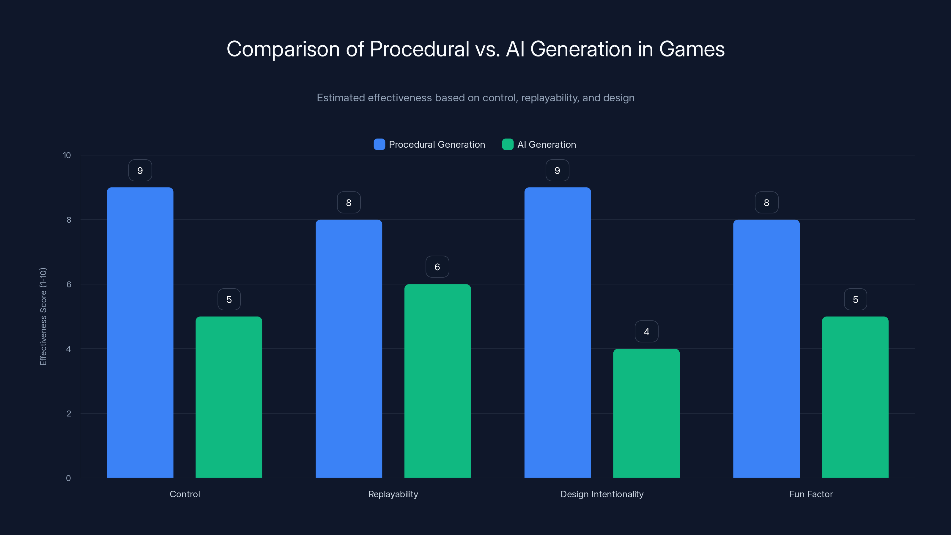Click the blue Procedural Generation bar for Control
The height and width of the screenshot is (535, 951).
tap(140, 332)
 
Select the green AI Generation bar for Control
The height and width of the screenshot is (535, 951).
tap(229, 397)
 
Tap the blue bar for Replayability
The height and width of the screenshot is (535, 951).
tap(349, 349)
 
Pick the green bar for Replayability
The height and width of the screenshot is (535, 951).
tap(437, 381)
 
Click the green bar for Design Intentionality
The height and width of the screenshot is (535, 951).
tap(646, 413)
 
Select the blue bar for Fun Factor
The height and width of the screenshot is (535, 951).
tap(766, 349)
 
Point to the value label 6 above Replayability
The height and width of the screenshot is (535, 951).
tap(437, 267)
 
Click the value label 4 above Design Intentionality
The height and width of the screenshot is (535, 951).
tap(646, 332)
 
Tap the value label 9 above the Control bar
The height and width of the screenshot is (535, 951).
tap(140, 170)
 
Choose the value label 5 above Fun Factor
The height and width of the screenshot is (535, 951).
tap(855, 299)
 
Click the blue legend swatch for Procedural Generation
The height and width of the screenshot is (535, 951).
tap(379, 144)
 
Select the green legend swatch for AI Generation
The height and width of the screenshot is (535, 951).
tap(508, 144)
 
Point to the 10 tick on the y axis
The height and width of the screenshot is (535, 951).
tap(67, 155)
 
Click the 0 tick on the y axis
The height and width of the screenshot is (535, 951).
tap(68, 478)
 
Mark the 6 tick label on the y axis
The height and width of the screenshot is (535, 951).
tap(69, 284)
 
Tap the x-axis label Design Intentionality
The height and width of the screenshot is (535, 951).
tap(602, 494)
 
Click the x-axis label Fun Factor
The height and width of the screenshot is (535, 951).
tap(811, 494)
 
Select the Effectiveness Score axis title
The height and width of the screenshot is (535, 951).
tap(43, 317)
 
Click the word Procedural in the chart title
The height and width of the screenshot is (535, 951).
tap(419, 49)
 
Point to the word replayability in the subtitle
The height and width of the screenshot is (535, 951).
tap(550, 98)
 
